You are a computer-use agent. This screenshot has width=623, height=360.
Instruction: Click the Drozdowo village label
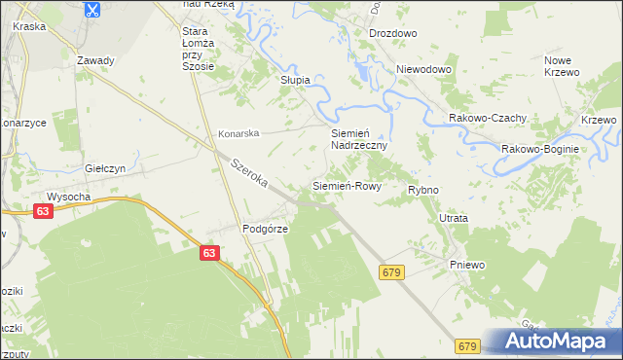[393, 33]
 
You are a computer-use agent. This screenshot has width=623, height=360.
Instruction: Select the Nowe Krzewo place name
[562, 66]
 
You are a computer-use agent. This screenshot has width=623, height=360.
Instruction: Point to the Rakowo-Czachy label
[488, 118]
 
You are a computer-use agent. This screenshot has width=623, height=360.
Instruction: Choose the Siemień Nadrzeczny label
[359, 138]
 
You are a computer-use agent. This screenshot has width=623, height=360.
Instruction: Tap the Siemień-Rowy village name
[346, 185]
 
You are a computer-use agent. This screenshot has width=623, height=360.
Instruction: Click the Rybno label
[423, 190]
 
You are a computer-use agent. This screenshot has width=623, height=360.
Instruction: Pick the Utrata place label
[454, 219]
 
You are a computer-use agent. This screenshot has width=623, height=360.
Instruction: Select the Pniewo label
[467, 265]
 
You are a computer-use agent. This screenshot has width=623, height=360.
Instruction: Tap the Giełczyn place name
[106, 167]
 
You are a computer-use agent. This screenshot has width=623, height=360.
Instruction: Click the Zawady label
[95, 60]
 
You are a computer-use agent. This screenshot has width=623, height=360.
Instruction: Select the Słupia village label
[295, 80]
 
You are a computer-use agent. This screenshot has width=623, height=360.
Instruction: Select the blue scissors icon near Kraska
[91, 10]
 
